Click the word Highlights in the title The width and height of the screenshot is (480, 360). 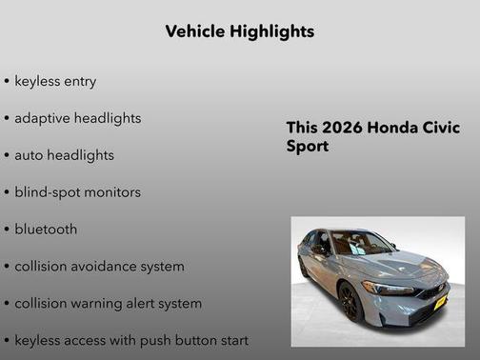[272, 31]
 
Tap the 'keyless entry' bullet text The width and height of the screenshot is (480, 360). [55, 81]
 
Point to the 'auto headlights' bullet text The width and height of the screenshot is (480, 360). [64, 155]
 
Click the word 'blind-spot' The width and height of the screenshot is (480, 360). [47, 192]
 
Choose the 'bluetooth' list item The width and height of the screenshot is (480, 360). [46, 230]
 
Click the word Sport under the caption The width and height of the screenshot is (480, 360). [308, 147]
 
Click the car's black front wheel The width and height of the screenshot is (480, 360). [349, 303]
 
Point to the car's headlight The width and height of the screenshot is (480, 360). [388, 288]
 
